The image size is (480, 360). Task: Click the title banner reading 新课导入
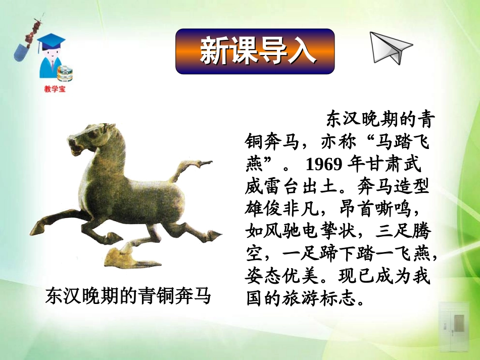click(x=255, y=52)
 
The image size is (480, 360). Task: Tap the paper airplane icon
click(x=390, y=48)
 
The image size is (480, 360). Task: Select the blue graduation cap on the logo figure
click(x=51, y=42)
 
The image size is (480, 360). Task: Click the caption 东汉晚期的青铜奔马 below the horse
click(x=127, y=296)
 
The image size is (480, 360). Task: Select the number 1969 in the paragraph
click(x=324, y=165)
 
